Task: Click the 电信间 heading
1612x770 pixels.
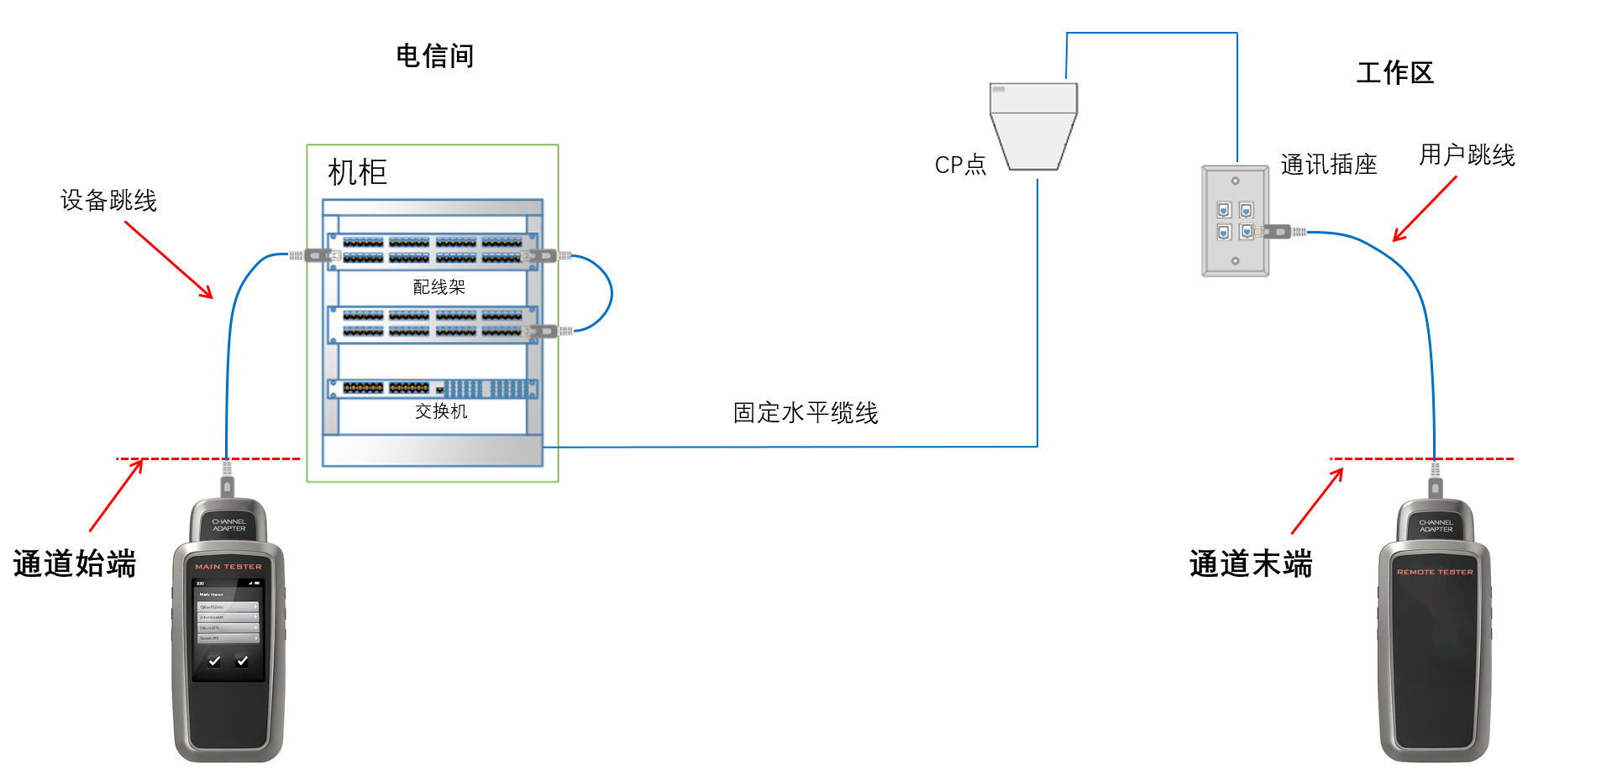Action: (434, 56)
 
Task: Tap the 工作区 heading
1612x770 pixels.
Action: (1394, 73)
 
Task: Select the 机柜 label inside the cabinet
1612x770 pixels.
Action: (357, 172)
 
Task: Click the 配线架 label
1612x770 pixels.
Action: (438, 287)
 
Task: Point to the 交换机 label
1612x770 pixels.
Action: (441, 411)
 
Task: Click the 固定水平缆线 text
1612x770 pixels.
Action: (806, 413)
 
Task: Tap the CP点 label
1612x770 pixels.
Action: (960, 165)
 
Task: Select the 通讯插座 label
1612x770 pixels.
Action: (1328, 165)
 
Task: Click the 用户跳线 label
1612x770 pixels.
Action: (1467, 155)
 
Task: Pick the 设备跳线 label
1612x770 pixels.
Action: (108, 201)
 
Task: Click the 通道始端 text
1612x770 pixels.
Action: (75, 563)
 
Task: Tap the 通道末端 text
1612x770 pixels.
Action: (1251, 563)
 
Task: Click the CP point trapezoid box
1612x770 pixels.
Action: (1033, 126)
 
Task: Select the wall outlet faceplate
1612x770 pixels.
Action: (1235, 221)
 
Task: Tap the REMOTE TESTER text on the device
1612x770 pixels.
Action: (1435, 572)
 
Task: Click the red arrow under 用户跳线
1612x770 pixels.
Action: (1425, 209)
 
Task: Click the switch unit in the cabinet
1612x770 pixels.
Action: (433, 388)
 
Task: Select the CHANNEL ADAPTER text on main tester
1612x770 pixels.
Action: (228, 525)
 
